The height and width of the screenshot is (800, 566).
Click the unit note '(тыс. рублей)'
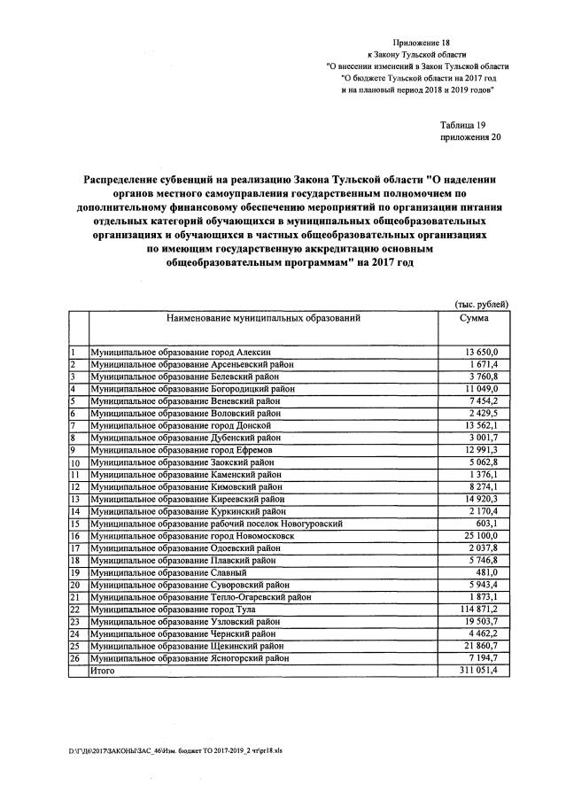pos(480,304)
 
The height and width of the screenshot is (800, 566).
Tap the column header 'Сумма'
pos(474,317)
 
